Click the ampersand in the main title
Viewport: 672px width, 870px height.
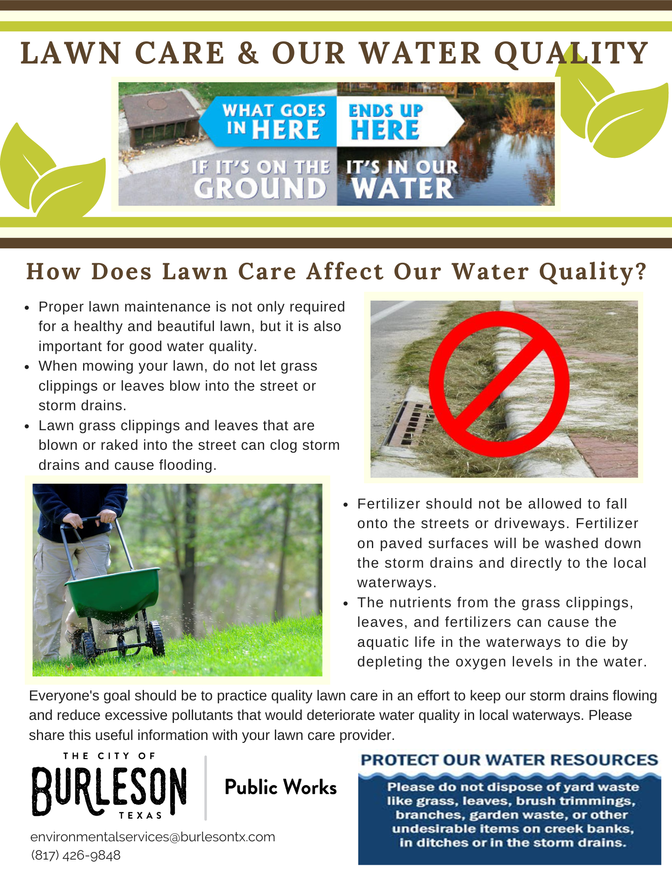(248, 54)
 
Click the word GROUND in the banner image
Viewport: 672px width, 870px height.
(260, 189)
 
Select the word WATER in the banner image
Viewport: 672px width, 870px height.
(402, 189)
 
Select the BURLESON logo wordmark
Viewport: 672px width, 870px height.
(109, 791)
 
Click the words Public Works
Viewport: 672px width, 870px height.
(281, 787)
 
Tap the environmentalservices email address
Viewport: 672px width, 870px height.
(153, 837)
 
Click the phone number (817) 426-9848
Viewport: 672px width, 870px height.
(76, 855)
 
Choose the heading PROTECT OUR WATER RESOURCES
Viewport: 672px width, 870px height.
(509, 760)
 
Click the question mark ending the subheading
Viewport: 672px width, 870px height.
(641, 271)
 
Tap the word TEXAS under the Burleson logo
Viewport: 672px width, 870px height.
(140, 816)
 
